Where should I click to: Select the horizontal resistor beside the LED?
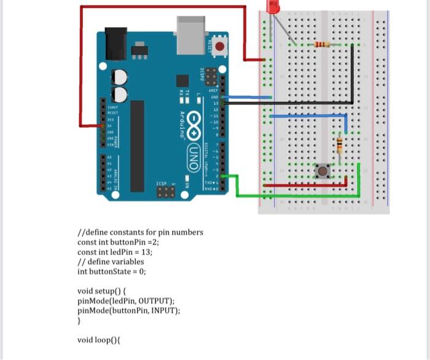(321, 44)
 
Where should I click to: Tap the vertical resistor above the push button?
(339, 146)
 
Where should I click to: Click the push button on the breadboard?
(321, 171)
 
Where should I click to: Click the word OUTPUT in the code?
(153, 301)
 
